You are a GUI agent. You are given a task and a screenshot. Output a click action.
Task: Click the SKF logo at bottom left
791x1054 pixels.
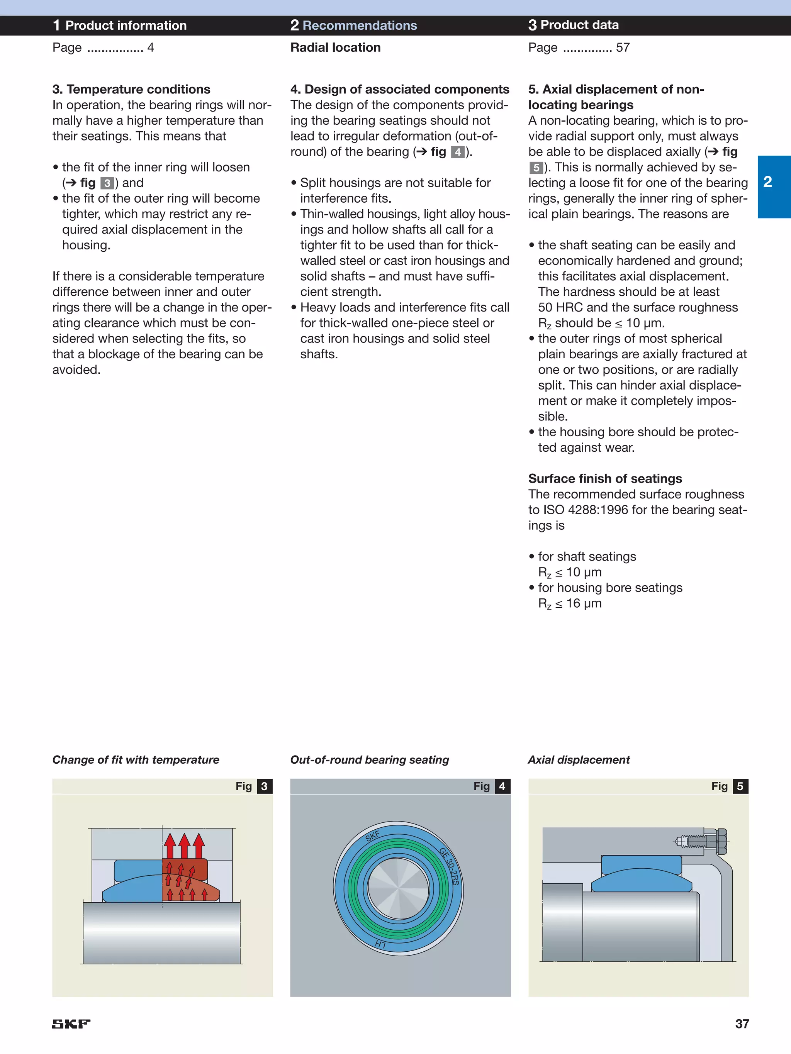71,1023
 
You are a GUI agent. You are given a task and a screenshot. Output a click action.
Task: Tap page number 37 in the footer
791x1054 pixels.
742,1023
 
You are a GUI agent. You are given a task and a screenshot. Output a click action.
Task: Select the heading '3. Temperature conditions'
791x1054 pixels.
131,89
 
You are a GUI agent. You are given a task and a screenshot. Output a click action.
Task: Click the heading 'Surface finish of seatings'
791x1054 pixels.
604,478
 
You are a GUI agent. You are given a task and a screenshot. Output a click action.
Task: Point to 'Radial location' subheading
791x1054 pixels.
335,47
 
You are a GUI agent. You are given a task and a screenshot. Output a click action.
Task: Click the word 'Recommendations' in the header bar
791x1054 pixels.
360,25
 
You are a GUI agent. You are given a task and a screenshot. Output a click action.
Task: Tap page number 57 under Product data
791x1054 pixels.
622,47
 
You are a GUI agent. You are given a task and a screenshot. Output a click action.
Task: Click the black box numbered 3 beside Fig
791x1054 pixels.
264,786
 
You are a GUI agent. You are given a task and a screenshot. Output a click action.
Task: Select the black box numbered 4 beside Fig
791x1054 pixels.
502,786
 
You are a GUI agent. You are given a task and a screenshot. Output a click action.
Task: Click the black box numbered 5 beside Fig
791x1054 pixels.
740,786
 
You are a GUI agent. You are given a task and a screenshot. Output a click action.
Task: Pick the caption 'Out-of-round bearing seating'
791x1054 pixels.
370,759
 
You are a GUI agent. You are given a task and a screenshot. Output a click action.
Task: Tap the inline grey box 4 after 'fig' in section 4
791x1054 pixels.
457,152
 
